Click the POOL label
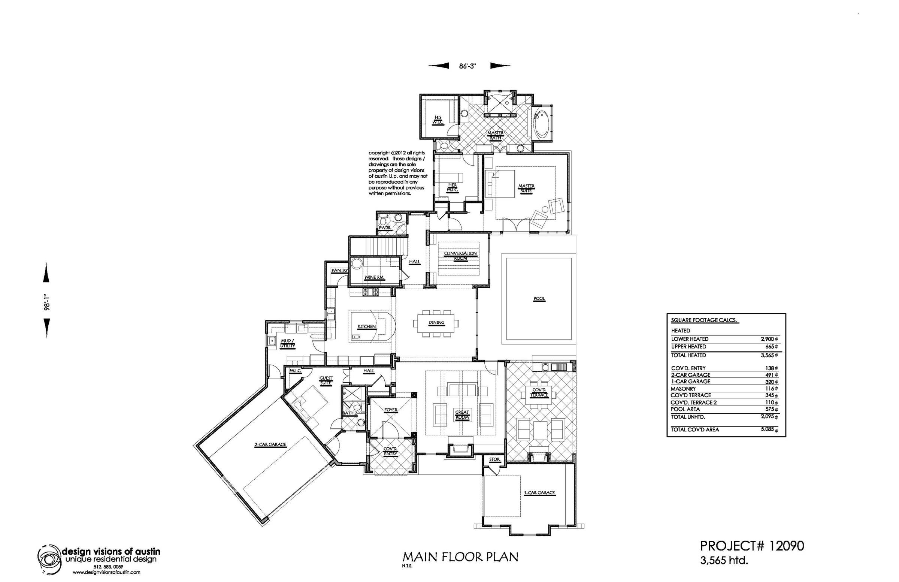(539, 299)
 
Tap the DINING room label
(436, 323)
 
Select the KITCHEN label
(367, 326)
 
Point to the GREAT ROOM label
(462, 414)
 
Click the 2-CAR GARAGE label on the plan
(270, 445)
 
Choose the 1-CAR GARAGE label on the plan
(539, 493)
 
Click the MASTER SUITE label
(526, 188)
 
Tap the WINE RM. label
(374, 277)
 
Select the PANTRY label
(339, 271)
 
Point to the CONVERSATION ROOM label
(460, 256)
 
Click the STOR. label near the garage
(494, 459)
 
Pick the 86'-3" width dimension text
(467, 66)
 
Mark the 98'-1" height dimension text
(47, 302)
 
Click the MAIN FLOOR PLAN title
(460, 557)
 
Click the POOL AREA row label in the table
(685, 409)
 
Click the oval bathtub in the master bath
(541, 124)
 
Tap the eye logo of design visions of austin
(49, 558)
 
